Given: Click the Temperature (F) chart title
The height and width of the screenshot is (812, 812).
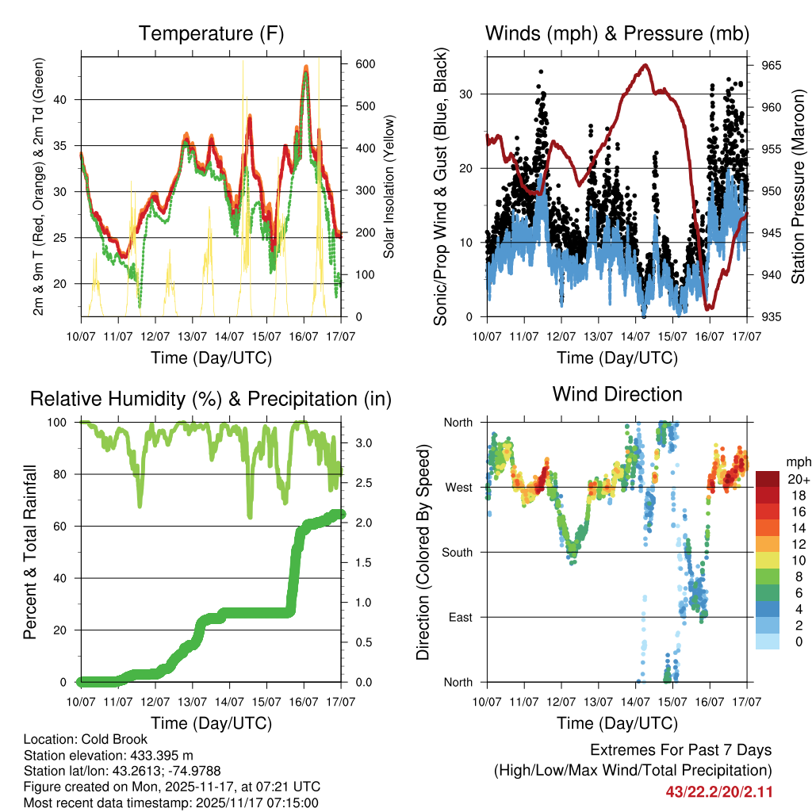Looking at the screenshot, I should pyautogui.click(x=211, y=34).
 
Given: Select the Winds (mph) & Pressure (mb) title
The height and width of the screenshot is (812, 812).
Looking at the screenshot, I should pyautogui.click(x=617, y=34).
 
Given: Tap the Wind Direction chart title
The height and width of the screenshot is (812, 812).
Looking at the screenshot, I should pyautogui.click(x=617, y=394).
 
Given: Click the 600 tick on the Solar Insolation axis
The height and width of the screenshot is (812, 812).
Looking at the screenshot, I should pyautogui.click(x=365, y=64).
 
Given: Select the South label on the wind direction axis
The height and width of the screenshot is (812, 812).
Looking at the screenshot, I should pyautogui.click(x=458, y=552).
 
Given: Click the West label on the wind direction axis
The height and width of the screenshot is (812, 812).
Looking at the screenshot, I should pyautogui.click(x=459, y=487).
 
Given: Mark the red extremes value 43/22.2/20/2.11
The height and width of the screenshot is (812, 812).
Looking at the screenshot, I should pyautogui.click(x=719, y=791).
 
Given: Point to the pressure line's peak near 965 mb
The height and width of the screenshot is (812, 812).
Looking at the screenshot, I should pyautogui.click(x=645, y=65).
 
